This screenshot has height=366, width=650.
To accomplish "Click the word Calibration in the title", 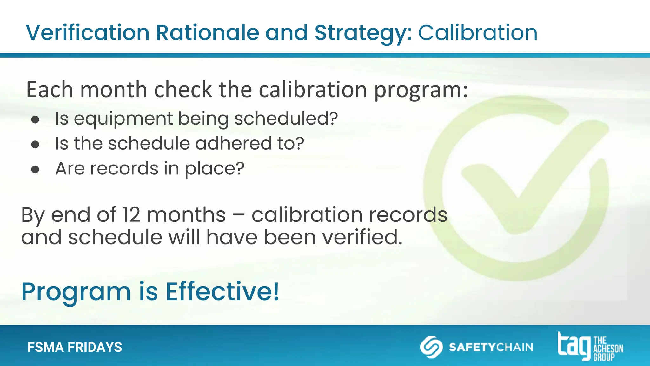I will click(x=478, y=33).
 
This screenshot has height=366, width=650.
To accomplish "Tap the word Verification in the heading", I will click(x=88, y=33).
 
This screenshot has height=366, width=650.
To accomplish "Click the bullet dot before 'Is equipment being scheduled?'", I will click(x=35, y=119).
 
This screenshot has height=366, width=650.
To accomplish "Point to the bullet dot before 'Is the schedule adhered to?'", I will click(x=35, y=145).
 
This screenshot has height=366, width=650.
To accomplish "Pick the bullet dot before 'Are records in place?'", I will click(x=35, y=169).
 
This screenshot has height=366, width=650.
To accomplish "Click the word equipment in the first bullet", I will click(x=123, y=119).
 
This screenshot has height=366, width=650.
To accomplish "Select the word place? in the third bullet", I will click(x=215, y=169).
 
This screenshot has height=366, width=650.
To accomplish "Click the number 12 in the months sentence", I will click(x=131, y=215).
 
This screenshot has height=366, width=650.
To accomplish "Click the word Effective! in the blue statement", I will click(x=222, y=292).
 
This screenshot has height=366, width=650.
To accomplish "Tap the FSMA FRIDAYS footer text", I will click(x=75, y=347).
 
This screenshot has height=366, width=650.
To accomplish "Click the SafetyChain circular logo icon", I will click(x=431, y=347).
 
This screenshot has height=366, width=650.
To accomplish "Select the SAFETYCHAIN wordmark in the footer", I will click(x=491, y=347).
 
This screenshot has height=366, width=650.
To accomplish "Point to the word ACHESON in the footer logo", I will click(x=608, y=349).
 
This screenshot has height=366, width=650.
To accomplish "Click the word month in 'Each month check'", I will click(x=114, y=90).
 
